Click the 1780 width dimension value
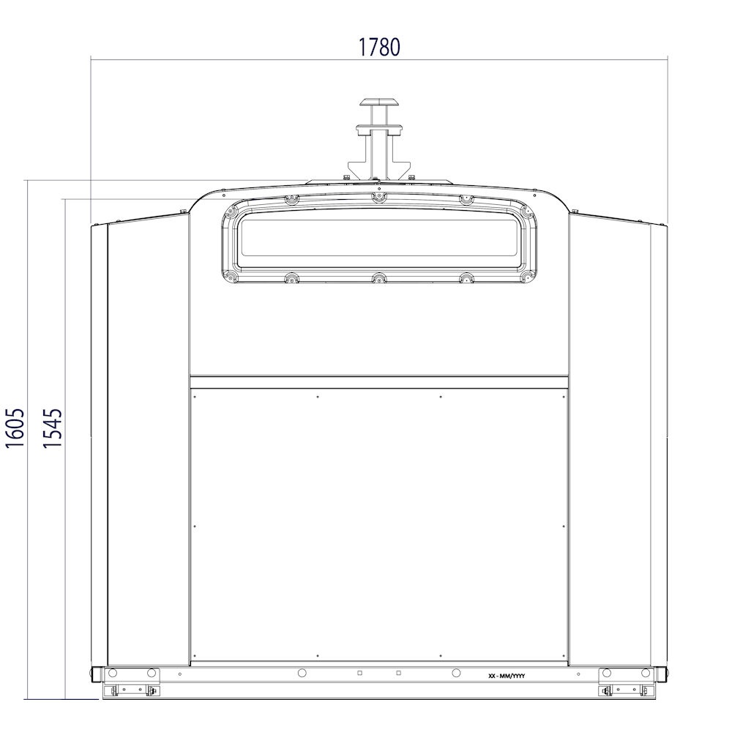(x=378, y=47)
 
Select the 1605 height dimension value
(x=15, y=428)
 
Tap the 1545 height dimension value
(x=52, y=428)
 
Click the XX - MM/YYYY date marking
(x=507, y=676)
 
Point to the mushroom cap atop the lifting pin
(x=378, y=102)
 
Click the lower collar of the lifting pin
(x=378, y=129)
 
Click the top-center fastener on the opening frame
(x=378, y=197)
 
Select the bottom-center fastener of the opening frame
(x=378, y=279)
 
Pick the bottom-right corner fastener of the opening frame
(x=527, y=277)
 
